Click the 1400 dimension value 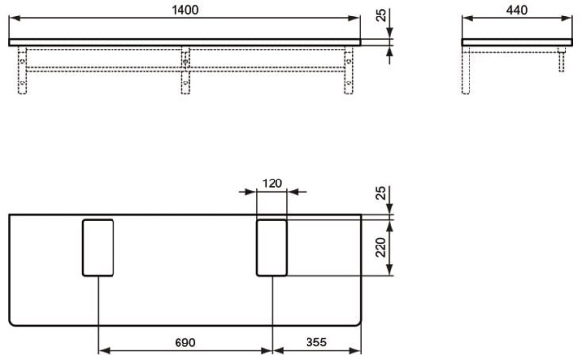185,8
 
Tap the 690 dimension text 185,343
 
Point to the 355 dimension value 316,343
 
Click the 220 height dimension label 381,247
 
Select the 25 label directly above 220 381,195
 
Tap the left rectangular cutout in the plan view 98,247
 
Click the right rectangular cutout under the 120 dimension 272,247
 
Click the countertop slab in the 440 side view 514,42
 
